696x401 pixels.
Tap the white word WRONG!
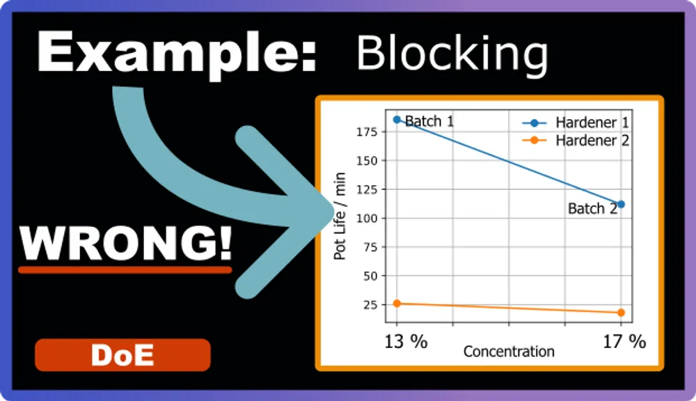pyautogui.click(x=125, y=242)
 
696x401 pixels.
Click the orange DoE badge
pyautogui.click(x=122, y=355)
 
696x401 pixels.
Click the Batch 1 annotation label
pyautogui.click(x=429, y=121)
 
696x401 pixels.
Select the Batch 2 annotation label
pyautogui.click(x=592, y=208)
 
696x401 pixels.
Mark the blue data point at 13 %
pyautogui.click(x=397, y=120)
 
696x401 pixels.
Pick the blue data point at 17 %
pyautogui.click(x=621, y=205)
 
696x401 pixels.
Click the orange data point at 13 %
pyautogui.click(x=397, y=304)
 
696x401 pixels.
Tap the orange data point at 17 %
pyautogui.click(x=621, y=313)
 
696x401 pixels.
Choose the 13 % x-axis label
pyautogui.click(x=406, y=341)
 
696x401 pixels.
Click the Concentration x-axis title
pyautogui.click(x=509, y=352)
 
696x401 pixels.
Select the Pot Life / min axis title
pyautogui.click(x=340, y=217)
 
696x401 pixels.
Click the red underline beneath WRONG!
pyautogui.click(x=125, y=269)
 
